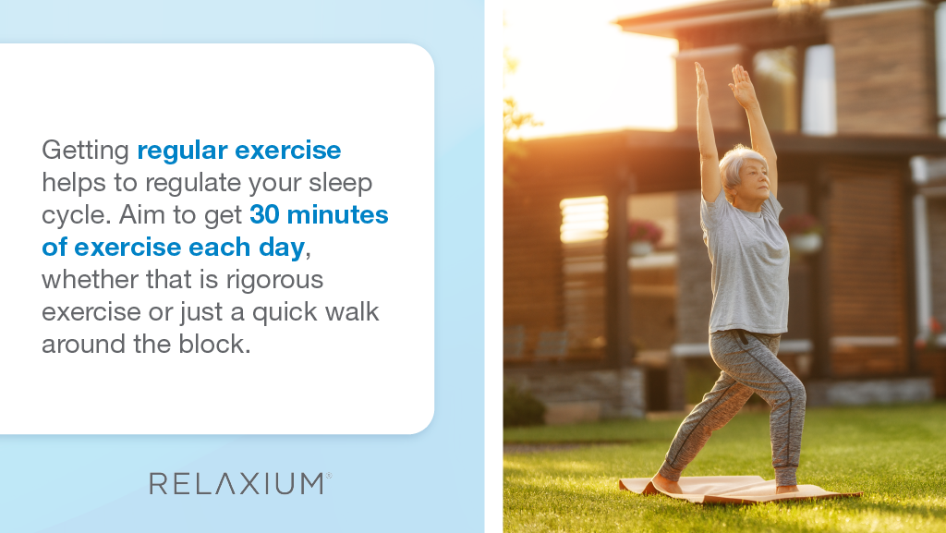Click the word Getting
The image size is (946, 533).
click(85, 151)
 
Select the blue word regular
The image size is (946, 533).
click(182, 151)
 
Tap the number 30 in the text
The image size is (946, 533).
click(264, 214)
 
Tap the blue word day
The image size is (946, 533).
click(282, 248)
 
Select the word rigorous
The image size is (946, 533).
click(275, 281)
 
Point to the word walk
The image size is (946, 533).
click(352, 311)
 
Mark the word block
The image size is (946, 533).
click(214, 345)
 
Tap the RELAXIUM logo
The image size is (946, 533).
click(240, 483)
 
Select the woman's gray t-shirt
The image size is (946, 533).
click(746, 265)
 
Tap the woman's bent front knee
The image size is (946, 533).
click(794, 386)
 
